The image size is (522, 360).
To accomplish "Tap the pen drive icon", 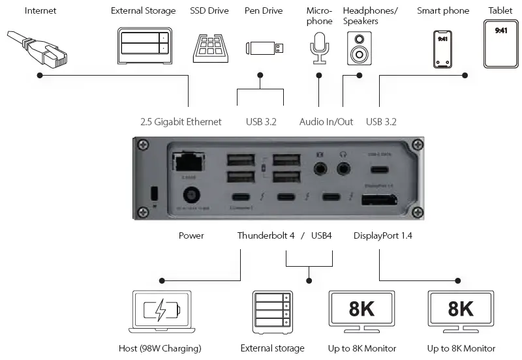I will click(264, 48).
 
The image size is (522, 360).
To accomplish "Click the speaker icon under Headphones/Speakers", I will click(359, 47).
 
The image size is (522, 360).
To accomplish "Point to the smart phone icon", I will click(443, 48).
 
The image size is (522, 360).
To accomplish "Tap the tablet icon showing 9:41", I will click(500, 44).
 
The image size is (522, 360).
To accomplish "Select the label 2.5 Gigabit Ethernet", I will click(181, 122).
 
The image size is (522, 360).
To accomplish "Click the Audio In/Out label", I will click(326, 122).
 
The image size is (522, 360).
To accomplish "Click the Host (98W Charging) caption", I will click(160, 348).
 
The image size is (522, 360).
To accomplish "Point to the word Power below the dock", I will click(191, 235).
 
